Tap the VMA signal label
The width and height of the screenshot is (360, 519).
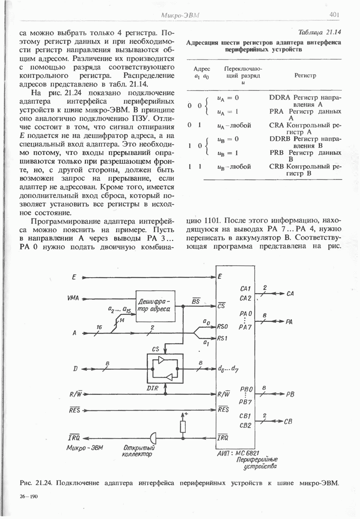(x=73, y=298)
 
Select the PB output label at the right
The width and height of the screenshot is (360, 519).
(x=290, y=394)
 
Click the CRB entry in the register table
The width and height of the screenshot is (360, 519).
(x=277, y=166)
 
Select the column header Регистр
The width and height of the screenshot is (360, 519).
(x=305, y=75)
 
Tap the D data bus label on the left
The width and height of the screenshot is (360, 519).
(x=76, y=369)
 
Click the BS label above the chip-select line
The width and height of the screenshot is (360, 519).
(x=195, y=301)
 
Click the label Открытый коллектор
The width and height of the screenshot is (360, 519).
(x=136, y=451)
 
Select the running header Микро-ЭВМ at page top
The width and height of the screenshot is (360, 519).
(x=181, y=16)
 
